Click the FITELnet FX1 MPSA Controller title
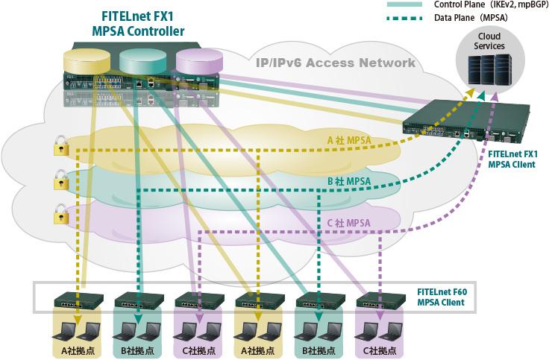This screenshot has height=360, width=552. pos(139,24)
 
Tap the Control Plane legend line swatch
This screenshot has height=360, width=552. pos(405,4)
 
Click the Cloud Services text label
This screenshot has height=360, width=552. pos(489,41)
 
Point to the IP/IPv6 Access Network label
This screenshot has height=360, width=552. pos(335,63)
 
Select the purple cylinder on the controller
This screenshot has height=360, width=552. pos(198,59)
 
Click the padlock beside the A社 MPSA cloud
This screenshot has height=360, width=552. pos(60,148)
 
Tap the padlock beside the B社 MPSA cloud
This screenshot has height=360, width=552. pos(60,181)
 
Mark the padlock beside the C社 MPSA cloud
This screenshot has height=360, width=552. pos(60,216)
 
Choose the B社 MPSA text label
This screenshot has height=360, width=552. pos(349,181)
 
